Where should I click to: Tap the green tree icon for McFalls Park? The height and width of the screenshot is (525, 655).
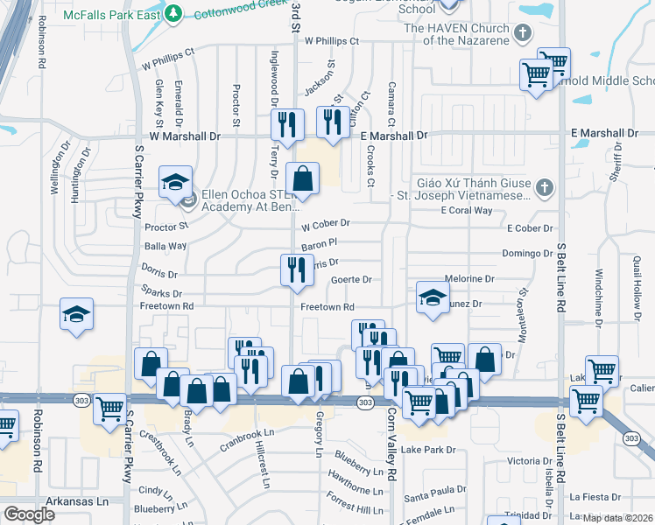pyautogui.click(x=174, y=13)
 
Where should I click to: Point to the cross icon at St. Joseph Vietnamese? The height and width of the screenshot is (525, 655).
pyautogui.click(x=544, y=187)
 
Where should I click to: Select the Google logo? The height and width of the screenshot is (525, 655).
pyautogui.click(x=29, y=514)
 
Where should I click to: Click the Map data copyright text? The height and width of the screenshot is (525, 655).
pyautogui.click(x=617, y=518)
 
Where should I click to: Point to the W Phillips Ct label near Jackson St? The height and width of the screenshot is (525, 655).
pyautogui.click(x=332, y=41)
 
